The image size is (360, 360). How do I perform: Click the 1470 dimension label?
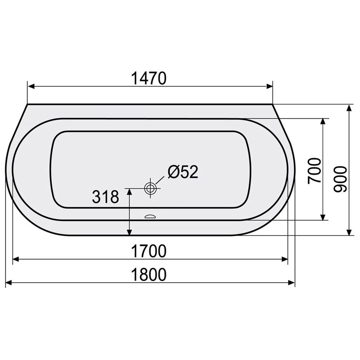click(x=149, y=78)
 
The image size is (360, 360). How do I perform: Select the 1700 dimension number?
click(x=149, y=251)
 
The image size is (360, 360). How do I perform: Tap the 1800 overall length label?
click(x=149, y=275)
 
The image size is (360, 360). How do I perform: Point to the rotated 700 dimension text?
click(x=314, y=171)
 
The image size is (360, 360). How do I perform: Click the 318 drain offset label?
click(x=105, y=197)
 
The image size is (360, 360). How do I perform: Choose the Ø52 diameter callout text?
click(x=183, y=172)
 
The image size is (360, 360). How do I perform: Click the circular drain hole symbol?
click(x=150, y=188)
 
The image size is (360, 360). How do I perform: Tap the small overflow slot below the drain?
click(x=150, y=216)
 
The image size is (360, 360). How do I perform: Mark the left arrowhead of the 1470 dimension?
click(x=31, y=86)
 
